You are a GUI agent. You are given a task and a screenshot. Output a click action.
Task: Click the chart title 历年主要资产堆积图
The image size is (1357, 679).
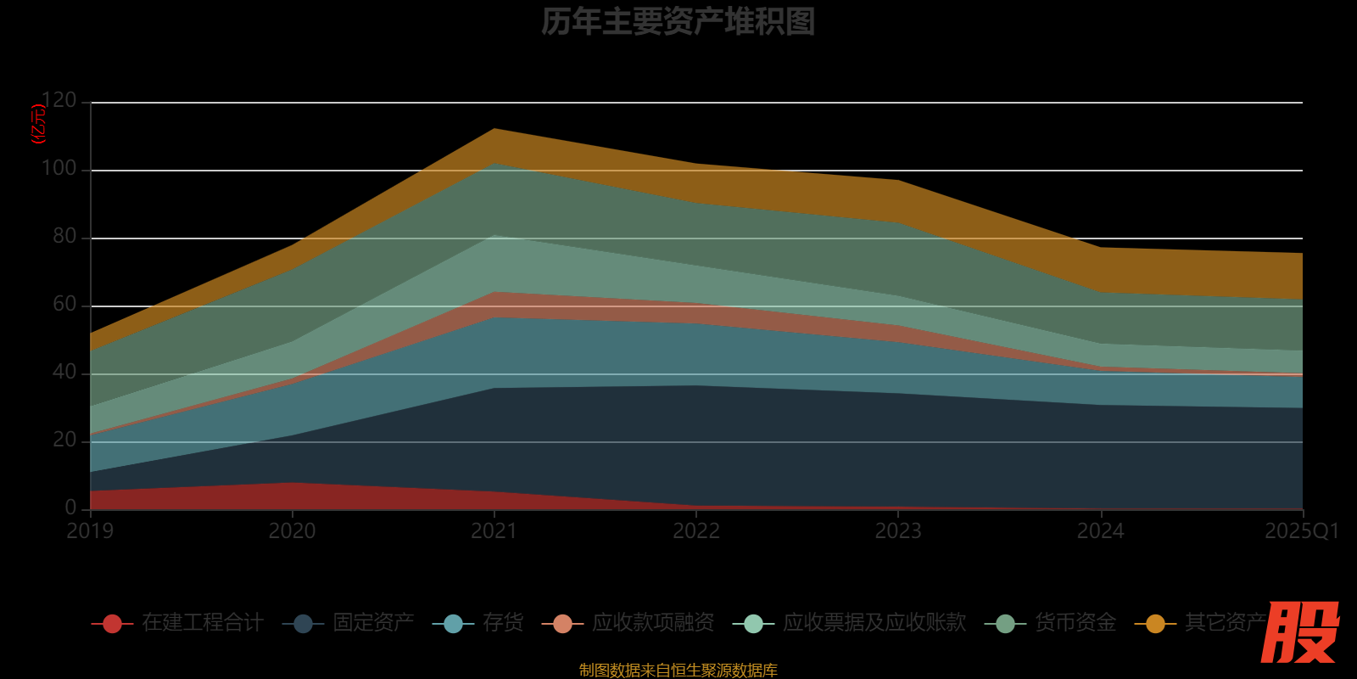tap(678, 22)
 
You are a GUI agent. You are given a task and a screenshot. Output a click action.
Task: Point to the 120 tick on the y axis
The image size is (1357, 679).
tap(59, 101)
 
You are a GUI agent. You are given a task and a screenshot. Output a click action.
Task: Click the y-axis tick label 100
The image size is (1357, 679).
tap(59, 169)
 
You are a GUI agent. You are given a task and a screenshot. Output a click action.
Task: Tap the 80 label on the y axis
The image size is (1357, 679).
tap(64, 237)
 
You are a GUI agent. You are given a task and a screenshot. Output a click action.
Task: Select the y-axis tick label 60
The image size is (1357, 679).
tap(64, 305)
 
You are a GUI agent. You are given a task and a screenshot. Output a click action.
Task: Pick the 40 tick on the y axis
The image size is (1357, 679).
tap(64, 373)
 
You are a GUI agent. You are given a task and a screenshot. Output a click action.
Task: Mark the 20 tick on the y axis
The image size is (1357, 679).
tap(64, 441)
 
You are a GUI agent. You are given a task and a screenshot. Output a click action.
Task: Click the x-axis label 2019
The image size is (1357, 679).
tap(90, 531)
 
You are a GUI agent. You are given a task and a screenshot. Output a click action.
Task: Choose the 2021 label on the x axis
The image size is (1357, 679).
tap(494, 531)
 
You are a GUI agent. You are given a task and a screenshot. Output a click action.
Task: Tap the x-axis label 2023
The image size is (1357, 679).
tap(898, 531)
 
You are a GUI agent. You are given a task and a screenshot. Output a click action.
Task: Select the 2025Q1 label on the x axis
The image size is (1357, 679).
tap(1301, 531)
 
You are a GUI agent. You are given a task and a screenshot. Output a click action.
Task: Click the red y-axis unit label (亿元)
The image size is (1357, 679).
tap(38, 124)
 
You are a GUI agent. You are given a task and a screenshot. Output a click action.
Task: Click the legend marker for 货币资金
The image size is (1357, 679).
tap(1005, 624)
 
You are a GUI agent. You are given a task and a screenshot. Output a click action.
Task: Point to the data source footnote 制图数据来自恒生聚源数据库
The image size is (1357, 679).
tap(678, 671)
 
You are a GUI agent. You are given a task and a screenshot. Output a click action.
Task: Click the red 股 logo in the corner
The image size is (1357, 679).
tap(1300, 632)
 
